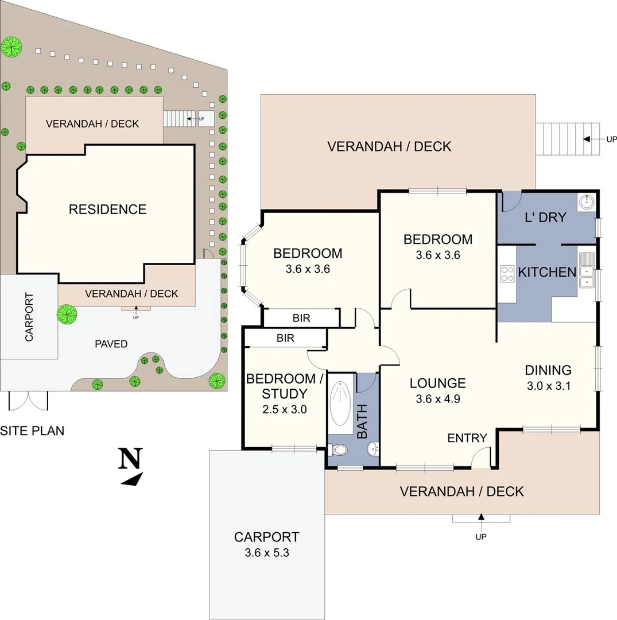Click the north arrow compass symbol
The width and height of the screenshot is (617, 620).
tap(131, 466)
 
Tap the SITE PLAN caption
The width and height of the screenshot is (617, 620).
tap(32, 430)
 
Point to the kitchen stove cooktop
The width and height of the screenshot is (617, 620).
tap(507, 273)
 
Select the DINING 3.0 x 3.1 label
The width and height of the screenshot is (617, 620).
tap(548, 378)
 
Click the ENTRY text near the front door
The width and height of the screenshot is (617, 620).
tap(467, 438)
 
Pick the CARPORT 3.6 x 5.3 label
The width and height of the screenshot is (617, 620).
tap(266, 544)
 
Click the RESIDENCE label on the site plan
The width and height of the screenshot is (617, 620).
tap(107, 209)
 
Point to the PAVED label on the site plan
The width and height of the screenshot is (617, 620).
tap(111, 344)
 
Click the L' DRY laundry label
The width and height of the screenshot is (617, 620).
tap(545, 218)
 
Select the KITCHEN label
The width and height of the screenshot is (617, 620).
tap(547, 272)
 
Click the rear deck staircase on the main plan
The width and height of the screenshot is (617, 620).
tap(567, 139)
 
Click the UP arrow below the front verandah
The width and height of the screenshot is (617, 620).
tap(481, 518)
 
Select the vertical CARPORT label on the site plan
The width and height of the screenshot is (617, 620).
tap(29, 317)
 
